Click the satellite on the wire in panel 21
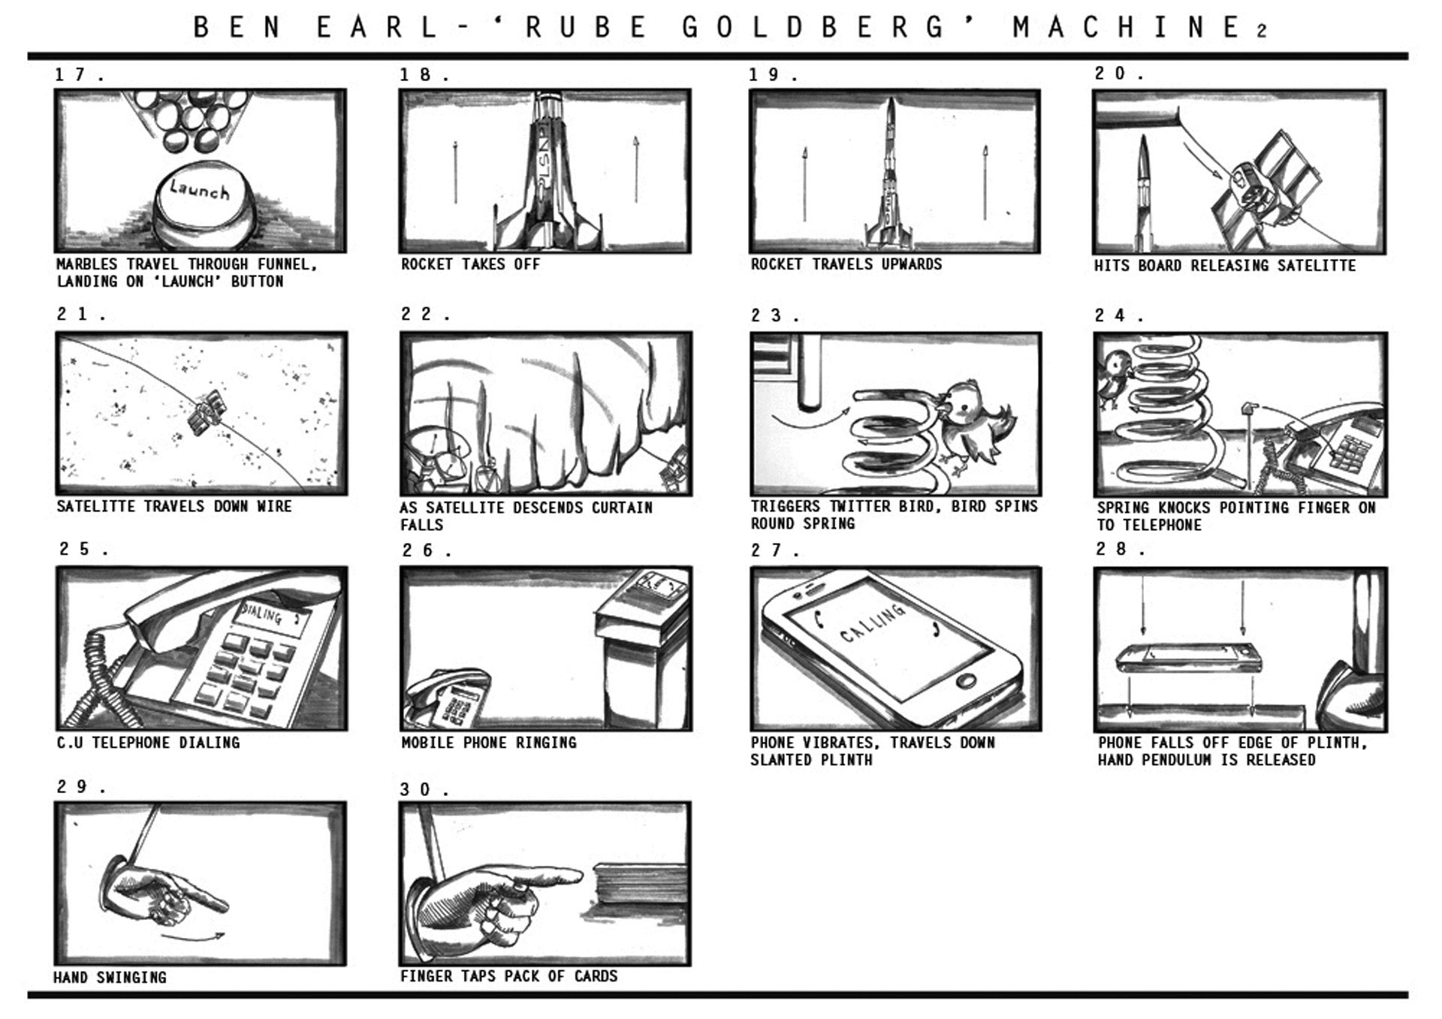[205, 412]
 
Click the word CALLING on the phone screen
[873, 623]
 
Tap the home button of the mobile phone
[966, 681]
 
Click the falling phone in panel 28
[1186, 658]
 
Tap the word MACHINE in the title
[1127, 28]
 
